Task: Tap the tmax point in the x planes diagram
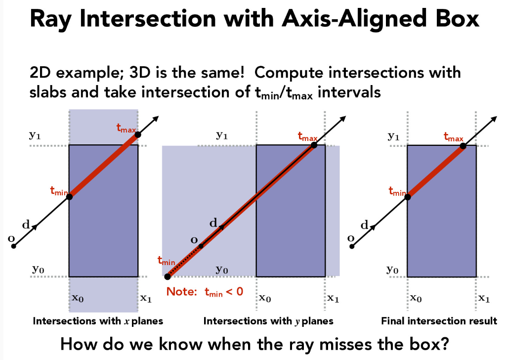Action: click(x=138, y=135)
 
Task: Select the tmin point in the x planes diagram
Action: click(x=69, y=196)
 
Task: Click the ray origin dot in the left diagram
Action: click(x=13, y=246)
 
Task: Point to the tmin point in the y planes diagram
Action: click(x=168, y=276)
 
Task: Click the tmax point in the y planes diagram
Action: click(x=314, y=145)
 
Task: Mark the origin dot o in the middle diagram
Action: click(x=201, y=246)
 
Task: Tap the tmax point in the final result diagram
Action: click(x=463, y=146)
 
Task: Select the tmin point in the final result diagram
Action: click(x=408, y=197)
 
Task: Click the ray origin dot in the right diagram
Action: click(x=352, y=247)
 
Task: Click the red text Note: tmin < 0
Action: click(x=205, y=292)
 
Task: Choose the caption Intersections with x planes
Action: click(x=98, y=321)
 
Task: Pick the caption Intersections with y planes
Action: click(x=268, y=321)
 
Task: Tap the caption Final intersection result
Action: click(x=439, y=321)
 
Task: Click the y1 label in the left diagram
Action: click(x=35, y=135)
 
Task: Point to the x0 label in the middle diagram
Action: click(x=265, y=298)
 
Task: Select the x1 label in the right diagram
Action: click(x=484, y=298)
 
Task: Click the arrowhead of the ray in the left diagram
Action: click(x=156, y=119)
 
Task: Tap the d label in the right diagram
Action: click(x=364, y=225)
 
